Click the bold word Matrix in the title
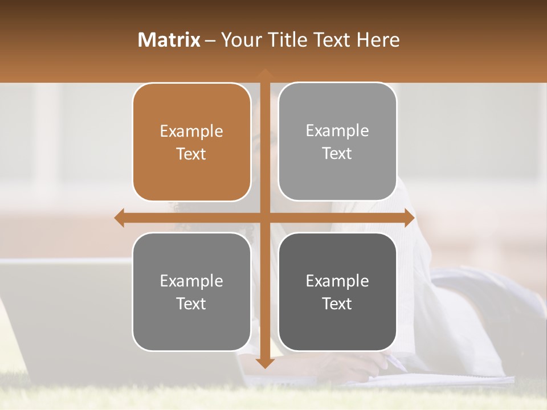[x=169, y=40]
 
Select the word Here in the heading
[x=378, y=40]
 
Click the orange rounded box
[x=191, y=142]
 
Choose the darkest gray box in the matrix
[x=337, y=292]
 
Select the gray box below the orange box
[x=191, y=292]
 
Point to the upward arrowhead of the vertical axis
[x=264, y=73]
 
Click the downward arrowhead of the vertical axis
[x=264, y=363]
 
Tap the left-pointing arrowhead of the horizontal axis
[x=120, y=218]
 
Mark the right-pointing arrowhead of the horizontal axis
[x=409, y=218]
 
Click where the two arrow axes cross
[x=264, y=218]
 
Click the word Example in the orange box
[x=191, y=132]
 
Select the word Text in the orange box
[x=191, y=154]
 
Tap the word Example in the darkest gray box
[x=337, y=281]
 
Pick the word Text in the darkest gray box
[x=337, y=304]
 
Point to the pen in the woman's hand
[x=397, y=363]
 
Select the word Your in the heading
[x=240, y=40]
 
